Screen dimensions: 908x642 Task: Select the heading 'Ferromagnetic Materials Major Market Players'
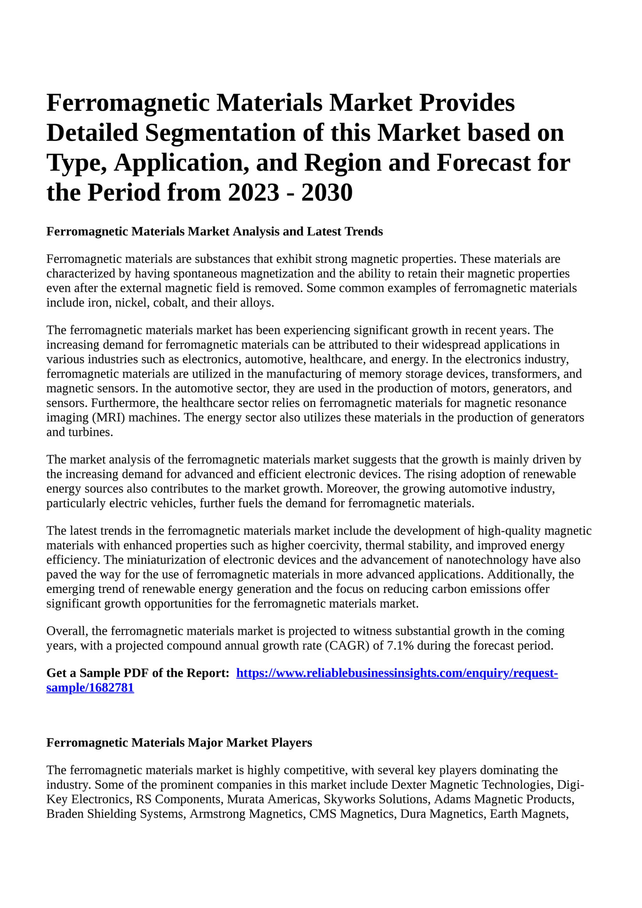pos(179,742)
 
